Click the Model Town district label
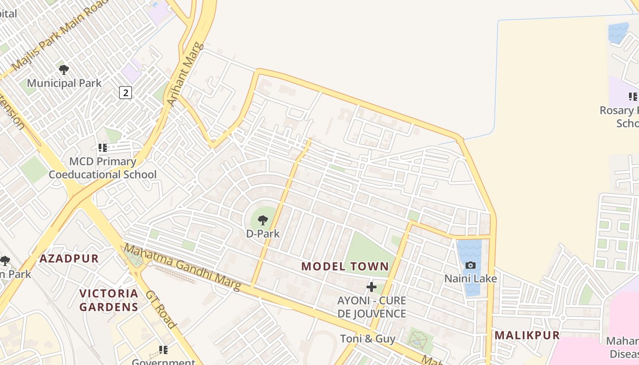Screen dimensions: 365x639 pyautogui.click(x=345, y=266)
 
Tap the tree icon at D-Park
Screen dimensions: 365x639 pyautogui.click(x=263, y=221)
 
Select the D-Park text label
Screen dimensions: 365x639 pyautogui.click(x=263, y=234)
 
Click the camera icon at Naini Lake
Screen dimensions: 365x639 pyautogui.click(x=470, y=266)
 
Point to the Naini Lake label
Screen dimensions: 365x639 pyautogui.click(x=471, y=278)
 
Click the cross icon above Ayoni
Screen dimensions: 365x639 pyautogui.click(x=372, y=287)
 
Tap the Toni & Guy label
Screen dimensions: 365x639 pyautogui.click(x=368, y=339)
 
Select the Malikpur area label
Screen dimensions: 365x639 pyautogui.click(x=527, y=335)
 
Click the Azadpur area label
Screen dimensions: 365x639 pyautogui.click(x=69, y=259)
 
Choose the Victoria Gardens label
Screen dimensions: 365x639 pyautogui.click(x=109, y=300)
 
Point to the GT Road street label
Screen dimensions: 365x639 pyautogui.click(x=161, y=308)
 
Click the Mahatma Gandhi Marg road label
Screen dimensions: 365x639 pyautogui.click(x=183, y=268)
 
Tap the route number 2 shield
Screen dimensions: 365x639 pyautogui.click(x=126, y=93)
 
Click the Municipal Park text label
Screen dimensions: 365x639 pyautogui.click(x=64, y=83)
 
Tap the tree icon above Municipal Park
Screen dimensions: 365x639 pyautogui.click(x=64, y=70)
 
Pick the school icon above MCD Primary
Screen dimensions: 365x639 pyautogui.click(x=103, y=148)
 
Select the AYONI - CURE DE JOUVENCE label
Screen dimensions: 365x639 pyautogui.click(x=372, y=307)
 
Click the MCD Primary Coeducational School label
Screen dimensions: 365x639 pyautogui.click(x=103, y=168)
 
